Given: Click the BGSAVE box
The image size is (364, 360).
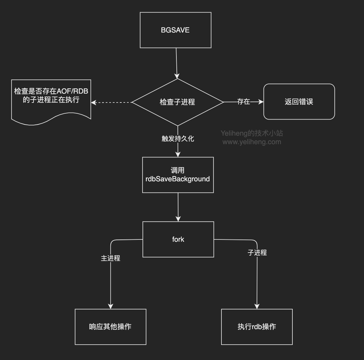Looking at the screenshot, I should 175,30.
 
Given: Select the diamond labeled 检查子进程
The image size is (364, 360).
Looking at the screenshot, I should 177,102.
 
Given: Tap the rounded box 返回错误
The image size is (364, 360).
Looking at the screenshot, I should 299,102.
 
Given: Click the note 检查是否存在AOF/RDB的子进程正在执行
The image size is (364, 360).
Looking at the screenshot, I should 51,99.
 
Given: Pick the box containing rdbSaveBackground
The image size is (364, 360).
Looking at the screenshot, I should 178,175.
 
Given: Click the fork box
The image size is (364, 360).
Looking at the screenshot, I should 178,239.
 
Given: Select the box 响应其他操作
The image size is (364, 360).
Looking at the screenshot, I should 110,327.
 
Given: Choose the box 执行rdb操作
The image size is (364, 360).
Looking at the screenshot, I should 257,327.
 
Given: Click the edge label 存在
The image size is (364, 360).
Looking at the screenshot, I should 243,102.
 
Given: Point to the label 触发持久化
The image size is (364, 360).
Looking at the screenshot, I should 178,139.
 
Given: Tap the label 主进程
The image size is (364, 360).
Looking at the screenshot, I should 110,259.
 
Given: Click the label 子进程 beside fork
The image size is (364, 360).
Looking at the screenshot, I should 257,253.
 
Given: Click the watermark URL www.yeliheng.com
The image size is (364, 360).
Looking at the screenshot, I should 252,142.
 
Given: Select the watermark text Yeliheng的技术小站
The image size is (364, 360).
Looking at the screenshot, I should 252,133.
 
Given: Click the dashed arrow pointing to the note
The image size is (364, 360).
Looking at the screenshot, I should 112,102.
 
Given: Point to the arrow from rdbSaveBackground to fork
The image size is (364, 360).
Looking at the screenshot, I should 178,207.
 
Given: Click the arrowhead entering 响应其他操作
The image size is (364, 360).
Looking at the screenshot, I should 110,306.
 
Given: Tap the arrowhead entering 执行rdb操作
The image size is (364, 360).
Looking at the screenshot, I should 257,306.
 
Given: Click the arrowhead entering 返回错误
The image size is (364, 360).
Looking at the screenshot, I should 261,102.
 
